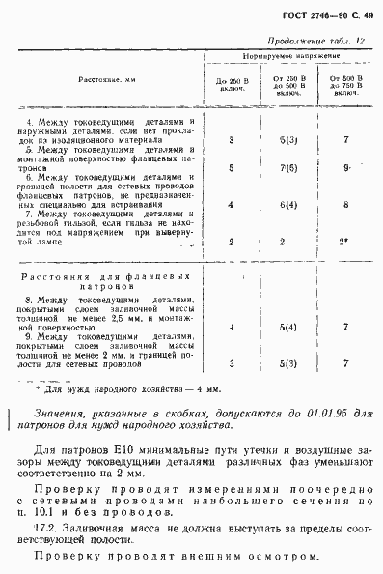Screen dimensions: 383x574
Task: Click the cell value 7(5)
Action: click(287, 168)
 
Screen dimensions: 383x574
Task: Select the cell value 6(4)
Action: click(287, 204)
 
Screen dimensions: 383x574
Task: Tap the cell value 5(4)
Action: click(287, 329)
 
